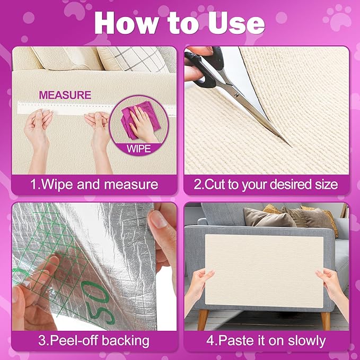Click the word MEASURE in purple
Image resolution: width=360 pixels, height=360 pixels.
pyautogui.click(x=65, y=95)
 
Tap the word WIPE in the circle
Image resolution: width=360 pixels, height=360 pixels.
pyautogui.click(x=139, y=148)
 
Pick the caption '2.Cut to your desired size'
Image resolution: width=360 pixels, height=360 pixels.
pyautogui.click(x=266, y=185)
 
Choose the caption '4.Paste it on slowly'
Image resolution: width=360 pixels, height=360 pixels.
pyautogui.click(x=266, y=340)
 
